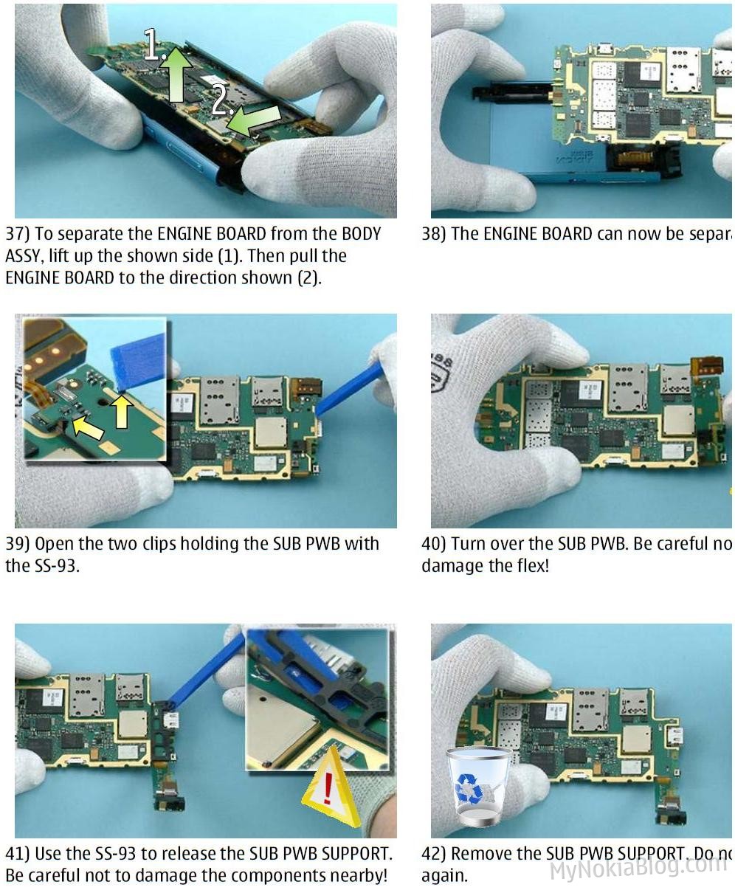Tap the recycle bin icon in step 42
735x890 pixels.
coord(477,786)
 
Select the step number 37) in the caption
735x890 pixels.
coord(18,235)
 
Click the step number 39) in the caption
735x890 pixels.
coord(18,545)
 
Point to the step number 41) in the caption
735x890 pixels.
coord(18,855)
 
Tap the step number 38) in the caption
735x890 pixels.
coord(434,235)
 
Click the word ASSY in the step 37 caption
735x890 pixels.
coord(24,256)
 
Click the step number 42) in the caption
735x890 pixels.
coord(434,855)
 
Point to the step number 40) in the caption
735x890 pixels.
coord(434,545)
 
